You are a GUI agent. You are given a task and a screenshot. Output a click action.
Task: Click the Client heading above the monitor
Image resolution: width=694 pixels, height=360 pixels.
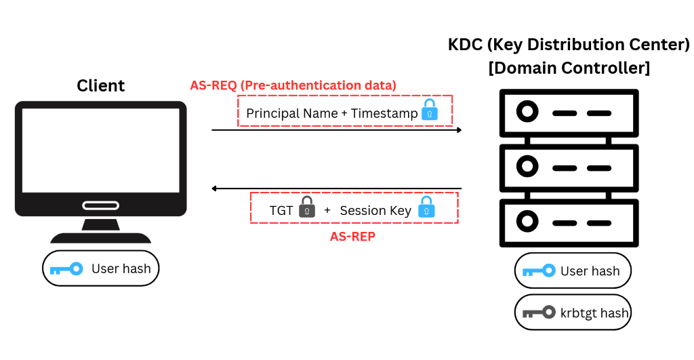pos(100,86)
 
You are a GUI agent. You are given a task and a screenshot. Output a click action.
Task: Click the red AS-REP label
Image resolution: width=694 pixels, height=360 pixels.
pos(352,237)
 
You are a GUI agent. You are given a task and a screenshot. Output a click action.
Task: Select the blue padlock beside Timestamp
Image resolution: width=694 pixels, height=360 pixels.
pos(430,111)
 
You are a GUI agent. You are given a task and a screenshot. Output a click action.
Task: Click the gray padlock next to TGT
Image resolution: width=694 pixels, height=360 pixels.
pos(307,207)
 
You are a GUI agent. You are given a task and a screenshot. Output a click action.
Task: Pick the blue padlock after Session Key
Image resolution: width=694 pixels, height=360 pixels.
pos(426,207)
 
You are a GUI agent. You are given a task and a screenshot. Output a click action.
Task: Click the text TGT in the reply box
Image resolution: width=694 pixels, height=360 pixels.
pos(281,210)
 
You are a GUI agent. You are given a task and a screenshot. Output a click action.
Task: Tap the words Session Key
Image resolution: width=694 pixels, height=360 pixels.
pos(375,210)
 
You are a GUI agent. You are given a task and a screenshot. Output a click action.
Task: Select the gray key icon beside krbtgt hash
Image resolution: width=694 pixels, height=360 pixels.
pos(539,313)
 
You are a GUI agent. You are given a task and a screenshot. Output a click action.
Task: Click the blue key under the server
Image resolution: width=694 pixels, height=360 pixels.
pos(539,271)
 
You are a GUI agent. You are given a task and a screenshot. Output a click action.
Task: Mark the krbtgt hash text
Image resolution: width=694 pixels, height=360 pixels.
pos(595,313)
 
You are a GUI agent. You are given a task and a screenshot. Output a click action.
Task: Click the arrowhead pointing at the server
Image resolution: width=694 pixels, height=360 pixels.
pos(458,129)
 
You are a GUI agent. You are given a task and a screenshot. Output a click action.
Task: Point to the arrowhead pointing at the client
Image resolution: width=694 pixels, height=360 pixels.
pos(215,188)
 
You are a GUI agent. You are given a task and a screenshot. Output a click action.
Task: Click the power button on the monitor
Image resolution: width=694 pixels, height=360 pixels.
pos(100,205)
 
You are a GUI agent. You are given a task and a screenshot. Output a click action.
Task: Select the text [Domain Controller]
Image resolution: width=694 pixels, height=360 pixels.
pos(569,68)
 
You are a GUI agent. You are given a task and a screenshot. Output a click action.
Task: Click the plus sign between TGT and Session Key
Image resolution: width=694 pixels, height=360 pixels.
pos(327,210)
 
